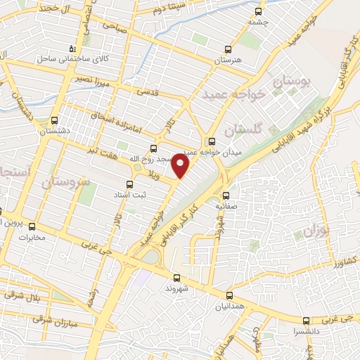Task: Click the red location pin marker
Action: (181, 166)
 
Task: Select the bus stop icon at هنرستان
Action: (227, 49)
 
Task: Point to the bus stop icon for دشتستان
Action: (55, 120)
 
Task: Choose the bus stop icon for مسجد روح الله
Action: (155, 148)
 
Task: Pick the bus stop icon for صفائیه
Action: (226, 196)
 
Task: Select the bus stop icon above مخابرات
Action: (32, 226)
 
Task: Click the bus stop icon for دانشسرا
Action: (304, 320)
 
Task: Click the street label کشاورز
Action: (346, 259)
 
